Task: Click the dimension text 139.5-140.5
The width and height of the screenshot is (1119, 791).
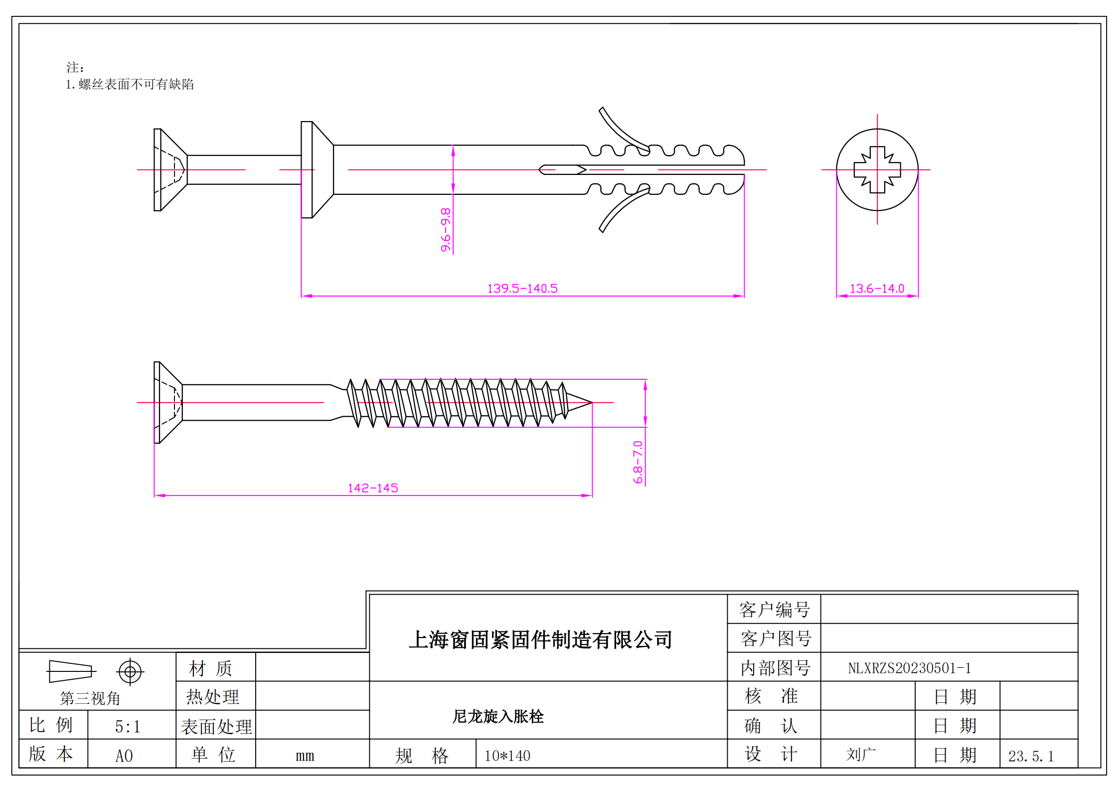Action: [x=522, y=289]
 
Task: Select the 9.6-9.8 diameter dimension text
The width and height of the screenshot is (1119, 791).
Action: [x=446, y=230]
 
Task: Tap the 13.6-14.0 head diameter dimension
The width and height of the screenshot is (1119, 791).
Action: [x=877, y=289]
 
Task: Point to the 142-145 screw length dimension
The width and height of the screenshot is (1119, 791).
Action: [x=373, y=488]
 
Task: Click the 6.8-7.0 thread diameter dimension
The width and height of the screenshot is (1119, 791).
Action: [x=638, y=462]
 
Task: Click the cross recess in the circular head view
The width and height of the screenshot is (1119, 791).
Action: [x=877, y=170]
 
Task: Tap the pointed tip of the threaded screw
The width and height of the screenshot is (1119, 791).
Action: [x=590, y=402]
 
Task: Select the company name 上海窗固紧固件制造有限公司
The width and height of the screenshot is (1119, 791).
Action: [x=540, y=640]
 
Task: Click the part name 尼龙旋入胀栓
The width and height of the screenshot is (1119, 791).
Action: [x=498, y=716]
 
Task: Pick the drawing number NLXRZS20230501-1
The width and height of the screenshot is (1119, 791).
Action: [x=910, y=668]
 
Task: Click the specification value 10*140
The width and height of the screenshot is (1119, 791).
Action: [x=507, y=756]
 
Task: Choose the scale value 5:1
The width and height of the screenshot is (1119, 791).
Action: [x=128, y=727]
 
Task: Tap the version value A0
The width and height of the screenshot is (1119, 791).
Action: [x=124, y=756]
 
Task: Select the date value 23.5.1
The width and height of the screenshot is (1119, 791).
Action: [x=1031, y=756]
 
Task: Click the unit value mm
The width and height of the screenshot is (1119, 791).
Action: [x=305, y=756]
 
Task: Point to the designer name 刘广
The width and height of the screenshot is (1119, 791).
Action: [x=861, y=755]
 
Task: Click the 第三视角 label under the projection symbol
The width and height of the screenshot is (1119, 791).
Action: [x=90, y=698]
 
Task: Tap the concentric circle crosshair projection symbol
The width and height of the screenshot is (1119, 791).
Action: [x=130, y=672]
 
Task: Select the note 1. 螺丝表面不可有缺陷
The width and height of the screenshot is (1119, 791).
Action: [x=130, y=84]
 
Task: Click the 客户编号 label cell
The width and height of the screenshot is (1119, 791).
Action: [x=774, y=610]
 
